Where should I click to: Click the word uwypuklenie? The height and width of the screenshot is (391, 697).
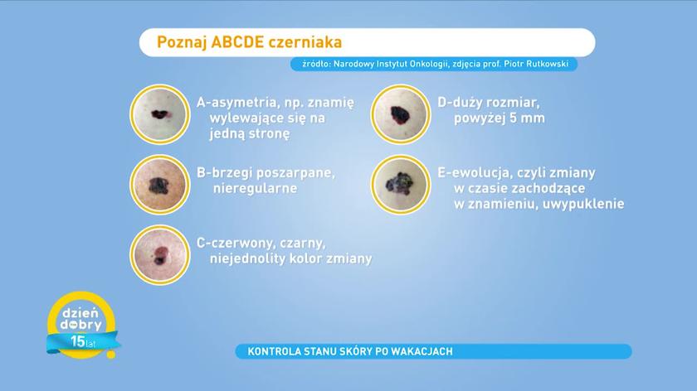point(586,203)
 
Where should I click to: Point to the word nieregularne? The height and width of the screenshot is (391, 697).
point(256,188)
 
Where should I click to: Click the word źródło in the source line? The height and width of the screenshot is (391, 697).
point(306,64)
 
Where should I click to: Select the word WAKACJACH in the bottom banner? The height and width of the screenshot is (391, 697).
point(423,352)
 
